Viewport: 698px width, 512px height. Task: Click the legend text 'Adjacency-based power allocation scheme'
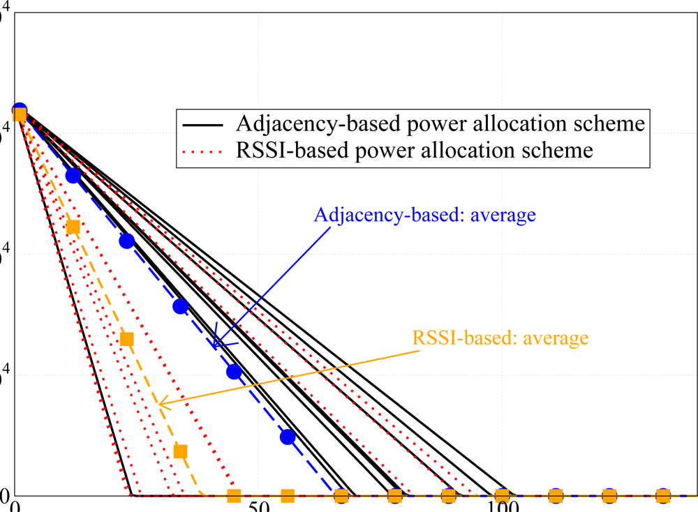tap(440, 124)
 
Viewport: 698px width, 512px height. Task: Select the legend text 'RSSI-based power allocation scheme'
tap(415, 149)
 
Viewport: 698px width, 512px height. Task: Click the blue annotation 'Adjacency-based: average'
tap(425, 214)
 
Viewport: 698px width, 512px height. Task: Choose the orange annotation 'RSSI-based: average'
tap(500, 338)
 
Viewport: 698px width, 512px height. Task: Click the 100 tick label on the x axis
tap(501, 506)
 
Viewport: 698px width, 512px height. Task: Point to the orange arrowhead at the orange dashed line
tap(161, 402)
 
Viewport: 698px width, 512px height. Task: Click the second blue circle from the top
tap(73, 175)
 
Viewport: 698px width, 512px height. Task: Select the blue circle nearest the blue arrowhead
tap(234, 372)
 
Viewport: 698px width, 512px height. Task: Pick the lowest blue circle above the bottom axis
tap(288, 437)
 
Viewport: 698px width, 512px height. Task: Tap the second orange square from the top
tap(73, 227)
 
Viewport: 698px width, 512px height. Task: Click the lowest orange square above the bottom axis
tap(180, 451)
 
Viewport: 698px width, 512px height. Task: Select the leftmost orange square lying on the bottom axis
tap(234, 496)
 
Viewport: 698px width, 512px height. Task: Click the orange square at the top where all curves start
tap(20, 114)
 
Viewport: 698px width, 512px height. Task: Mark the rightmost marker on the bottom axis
tap(662, 496)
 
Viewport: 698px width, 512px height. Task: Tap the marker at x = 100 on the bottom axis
tap(502, 496)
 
